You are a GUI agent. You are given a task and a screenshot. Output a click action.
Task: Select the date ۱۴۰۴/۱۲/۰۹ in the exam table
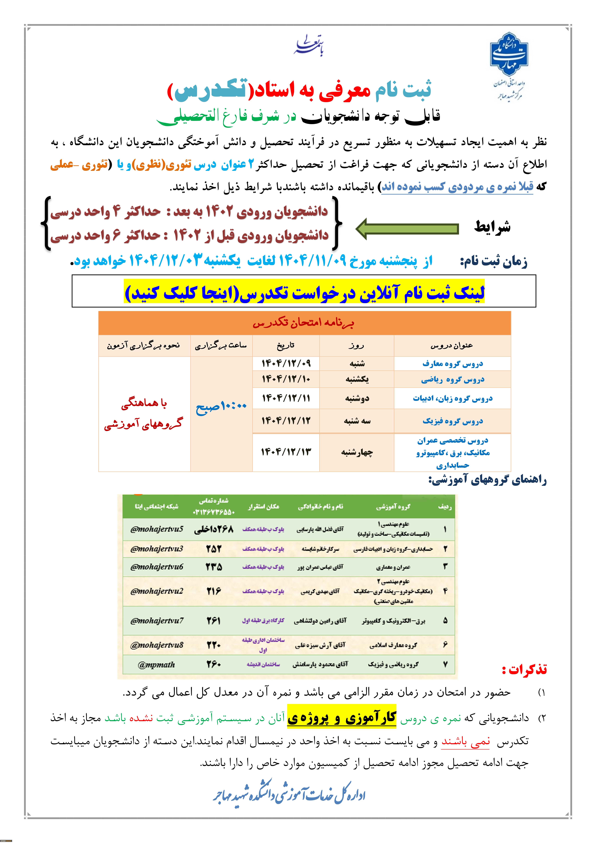coord(286,363)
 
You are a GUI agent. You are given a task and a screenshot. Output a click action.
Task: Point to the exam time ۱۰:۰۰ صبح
coord(221,406)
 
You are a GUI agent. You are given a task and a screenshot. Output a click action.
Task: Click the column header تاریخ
coord(286,345)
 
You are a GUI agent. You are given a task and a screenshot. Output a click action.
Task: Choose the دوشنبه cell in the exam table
coord(357,398)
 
